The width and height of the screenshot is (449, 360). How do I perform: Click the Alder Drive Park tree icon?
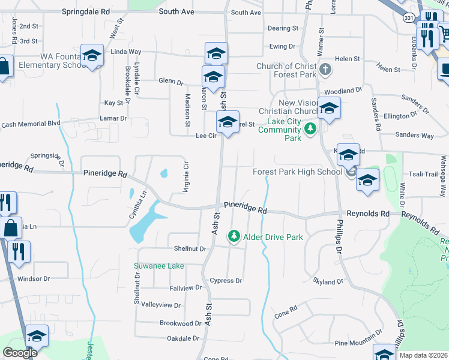tap(234, 237)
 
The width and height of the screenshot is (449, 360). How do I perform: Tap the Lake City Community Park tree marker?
tap(310, 129)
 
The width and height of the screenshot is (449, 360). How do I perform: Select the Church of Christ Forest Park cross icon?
tap(325, 68)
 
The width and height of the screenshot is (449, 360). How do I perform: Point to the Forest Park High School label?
tap(297, 172)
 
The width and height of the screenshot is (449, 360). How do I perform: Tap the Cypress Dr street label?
tap(226, 281)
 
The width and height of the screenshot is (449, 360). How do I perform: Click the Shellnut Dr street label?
tap(190, 248)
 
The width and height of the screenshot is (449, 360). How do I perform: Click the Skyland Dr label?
tap(328, 281)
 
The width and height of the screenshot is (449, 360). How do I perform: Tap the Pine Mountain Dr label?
tap(358, 342)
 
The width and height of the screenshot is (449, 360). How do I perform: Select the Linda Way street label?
tap(126, 52)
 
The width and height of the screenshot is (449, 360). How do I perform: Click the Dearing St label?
tap(283, 28)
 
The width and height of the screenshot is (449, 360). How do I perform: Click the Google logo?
tap(20, 353)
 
